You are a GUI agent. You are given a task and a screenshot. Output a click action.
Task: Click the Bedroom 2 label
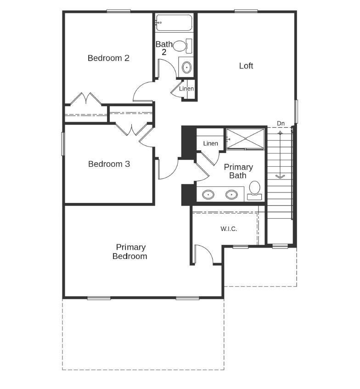tap(108, 58)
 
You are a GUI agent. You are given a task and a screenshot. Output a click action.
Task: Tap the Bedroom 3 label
tap(109, 164)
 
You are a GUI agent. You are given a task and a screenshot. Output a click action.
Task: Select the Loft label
tap(246, 66)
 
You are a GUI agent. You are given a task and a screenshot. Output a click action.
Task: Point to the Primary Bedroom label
tap(130, 252)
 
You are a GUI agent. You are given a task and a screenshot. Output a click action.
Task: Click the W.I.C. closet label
tap(229, 229)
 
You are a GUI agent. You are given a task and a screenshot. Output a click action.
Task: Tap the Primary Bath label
tap(238, 171)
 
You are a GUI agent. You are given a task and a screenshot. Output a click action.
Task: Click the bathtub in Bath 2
tap(174, 23)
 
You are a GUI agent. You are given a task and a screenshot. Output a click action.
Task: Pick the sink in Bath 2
tap(187, 68)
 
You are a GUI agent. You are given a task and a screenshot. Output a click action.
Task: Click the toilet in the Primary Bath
tap(254, 189)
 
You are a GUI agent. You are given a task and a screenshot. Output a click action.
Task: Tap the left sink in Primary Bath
tap(209, 195)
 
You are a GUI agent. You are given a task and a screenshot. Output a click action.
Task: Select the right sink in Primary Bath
tap(232, 195)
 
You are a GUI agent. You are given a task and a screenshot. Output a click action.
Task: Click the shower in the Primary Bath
tap(245, 138)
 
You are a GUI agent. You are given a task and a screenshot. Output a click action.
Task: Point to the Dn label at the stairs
tap(281, 124)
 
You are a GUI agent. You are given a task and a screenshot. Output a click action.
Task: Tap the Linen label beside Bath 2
tap(186, 89)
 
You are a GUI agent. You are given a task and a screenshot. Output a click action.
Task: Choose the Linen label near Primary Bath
tap(210, 144)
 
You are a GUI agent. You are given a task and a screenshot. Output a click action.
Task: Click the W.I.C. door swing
tap(202, 254)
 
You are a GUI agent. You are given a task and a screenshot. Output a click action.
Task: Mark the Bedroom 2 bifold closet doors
tap(85, 99)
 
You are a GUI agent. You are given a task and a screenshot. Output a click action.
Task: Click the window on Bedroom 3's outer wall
tap(63, 144)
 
